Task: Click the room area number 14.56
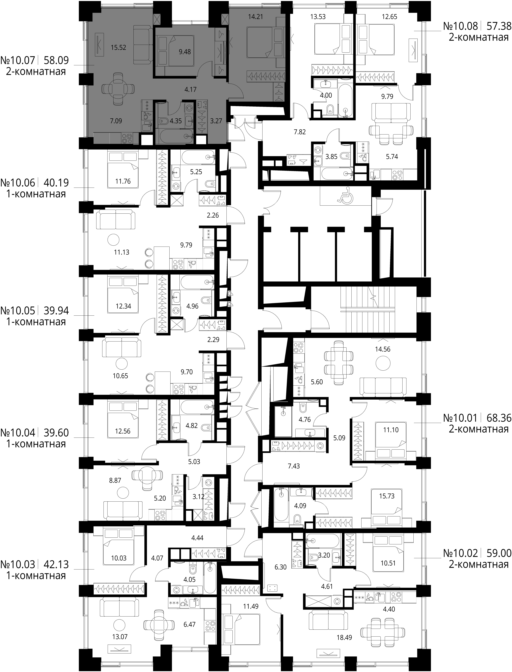(x=383, y=349)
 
